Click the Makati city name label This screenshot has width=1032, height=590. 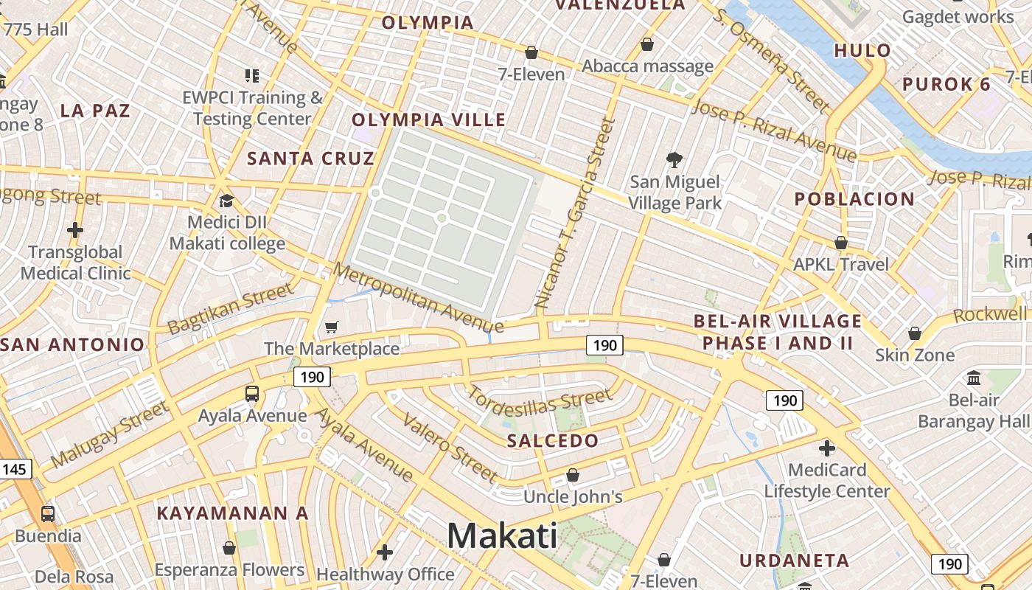click(x=502, y=535)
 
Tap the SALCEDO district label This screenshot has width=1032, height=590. click(x=553, y=441)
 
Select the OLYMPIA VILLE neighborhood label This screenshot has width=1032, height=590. click(x=428, y=120)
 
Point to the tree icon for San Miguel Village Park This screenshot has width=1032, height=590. click(x=674, y=159)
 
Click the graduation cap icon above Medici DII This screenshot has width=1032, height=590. click(x=226, y=201)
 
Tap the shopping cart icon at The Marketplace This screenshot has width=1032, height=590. click(x=332, y=327)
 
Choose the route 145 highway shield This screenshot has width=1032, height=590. click(x=15, y=469)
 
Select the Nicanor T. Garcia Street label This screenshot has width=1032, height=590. click(x=574, y=213)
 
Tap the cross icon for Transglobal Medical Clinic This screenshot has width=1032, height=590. click(x=75, y=230)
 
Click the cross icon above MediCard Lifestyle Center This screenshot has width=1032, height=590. click(x=827, y=448)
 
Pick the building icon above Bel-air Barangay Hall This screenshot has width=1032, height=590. click(x=974, y=378)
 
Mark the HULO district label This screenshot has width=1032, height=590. click(x=862, y=51)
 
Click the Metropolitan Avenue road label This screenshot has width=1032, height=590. click(x=417, y=297)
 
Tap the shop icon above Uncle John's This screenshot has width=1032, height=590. click(x=573, y=475)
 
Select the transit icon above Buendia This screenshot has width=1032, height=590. click(x=48, y=513)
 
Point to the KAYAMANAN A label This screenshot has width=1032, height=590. click(x=232, y=513)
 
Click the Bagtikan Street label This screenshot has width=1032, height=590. click(x=230, y=310)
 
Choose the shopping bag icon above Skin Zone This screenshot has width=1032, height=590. click(x=915, y=333)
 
